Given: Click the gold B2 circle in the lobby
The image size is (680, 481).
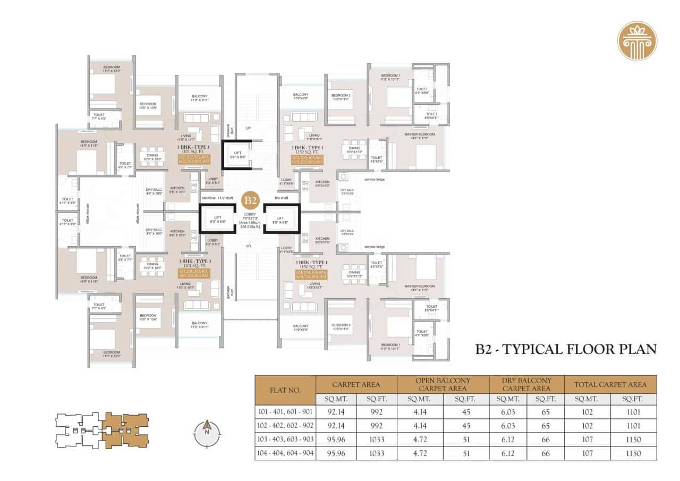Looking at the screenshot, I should (x=250, y=201).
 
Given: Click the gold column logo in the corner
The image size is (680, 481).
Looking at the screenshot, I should (x=637, y=41).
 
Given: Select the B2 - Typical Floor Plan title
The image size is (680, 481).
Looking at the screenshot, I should (x=566, y=349).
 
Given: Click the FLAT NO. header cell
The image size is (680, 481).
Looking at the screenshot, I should (x=285, y=390).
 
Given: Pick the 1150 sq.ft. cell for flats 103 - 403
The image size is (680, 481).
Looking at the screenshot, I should (x=633, y=440).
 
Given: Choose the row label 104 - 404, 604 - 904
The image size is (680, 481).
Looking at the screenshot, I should (x=285, y=453).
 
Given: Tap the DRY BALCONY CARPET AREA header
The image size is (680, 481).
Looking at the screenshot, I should (x=527, y=384).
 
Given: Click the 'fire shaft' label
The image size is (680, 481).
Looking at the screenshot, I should (x=282, y=198).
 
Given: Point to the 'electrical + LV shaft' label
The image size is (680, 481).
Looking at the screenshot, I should (x=217, y=198).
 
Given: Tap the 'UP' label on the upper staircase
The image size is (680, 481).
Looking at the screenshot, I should (x=248, y=128).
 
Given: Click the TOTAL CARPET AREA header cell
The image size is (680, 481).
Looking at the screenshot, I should (x=610, y=384).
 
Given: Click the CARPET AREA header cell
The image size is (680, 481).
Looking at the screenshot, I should (x=356, y=384).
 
